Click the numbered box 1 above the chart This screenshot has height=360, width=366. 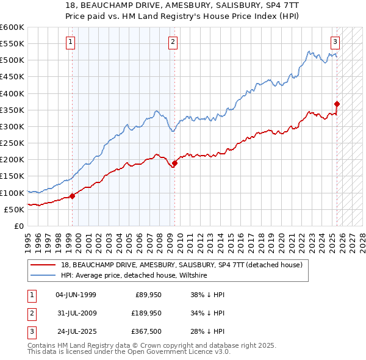[x=71, y=42]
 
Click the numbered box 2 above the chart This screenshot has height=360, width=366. [x=173, y=42]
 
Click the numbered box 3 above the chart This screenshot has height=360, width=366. [x=335, y=42]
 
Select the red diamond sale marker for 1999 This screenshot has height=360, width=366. [x=72, y=196]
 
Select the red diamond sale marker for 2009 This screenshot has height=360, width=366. [x=174, y=163]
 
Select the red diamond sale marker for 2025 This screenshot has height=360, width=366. [x=337, y=104]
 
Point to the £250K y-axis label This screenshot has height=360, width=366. [x=12, y=143]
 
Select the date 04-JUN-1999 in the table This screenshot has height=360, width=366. [x=76, y=295]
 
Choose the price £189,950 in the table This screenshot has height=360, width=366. [x=145, y=313]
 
